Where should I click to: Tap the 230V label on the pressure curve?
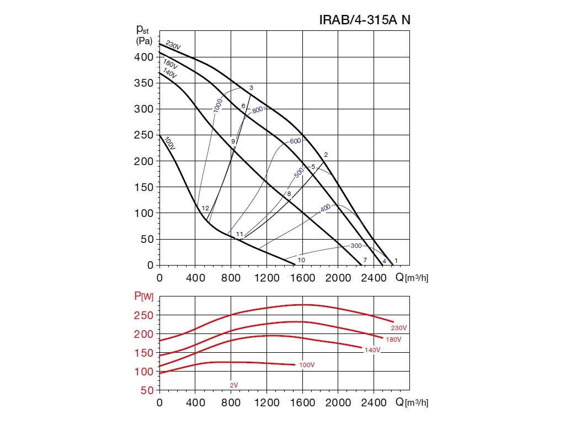coord(173,46)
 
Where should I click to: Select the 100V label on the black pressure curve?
coord(169,143)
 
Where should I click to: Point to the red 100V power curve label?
coord(307,365)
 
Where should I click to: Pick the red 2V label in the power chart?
coord(234,384)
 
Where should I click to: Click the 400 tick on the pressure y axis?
coord(145,57)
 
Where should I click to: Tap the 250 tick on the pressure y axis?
coord(145,135)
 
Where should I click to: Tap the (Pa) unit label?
coord(145,41)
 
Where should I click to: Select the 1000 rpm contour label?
coord(217,104)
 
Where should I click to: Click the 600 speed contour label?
coord(295,141)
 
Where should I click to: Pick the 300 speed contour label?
coord(356,246)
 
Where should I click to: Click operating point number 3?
coord(251,88)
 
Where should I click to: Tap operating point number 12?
coord(205,208)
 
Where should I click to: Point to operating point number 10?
coord(301,259)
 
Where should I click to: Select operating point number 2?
coord(326,155)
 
